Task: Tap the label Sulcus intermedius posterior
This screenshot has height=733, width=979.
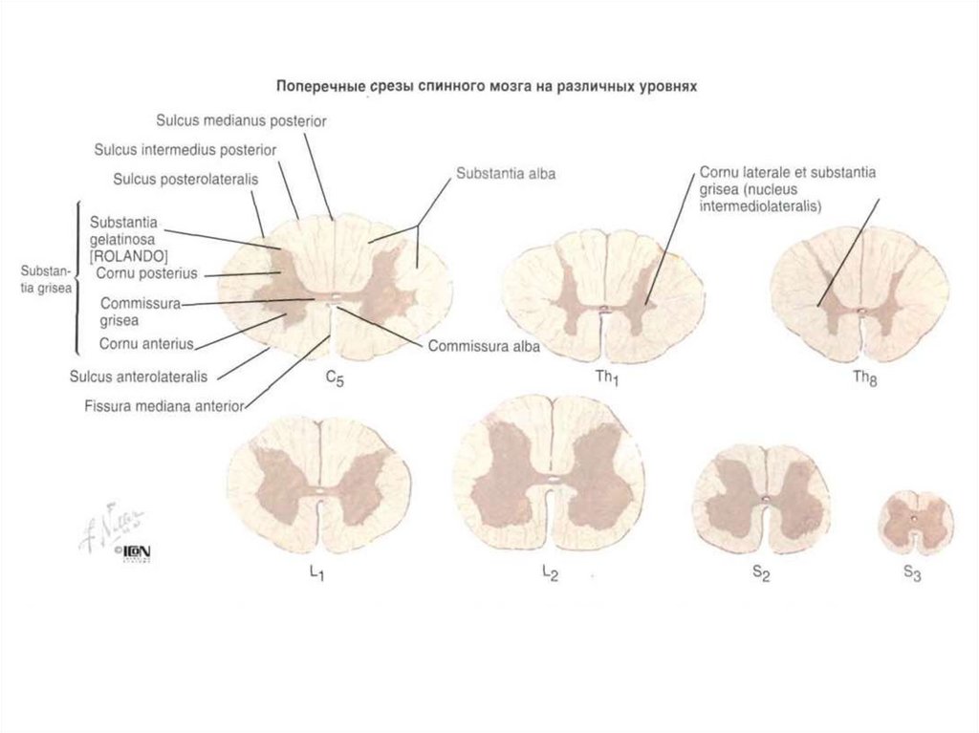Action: coord(185,149)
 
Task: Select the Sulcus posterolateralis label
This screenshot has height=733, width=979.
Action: coord(186,178)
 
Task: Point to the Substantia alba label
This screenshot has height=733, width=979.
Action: coord(505,174)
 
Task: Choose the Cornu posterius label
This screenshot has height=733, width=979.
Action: coord(146,273)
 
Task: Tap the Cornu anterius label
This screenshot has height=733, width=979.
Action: coord(146,343)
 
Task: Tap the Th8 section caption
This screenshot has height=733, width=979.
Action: coord(863,377)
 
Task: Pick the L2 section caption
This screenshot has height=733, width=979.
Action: coord(549,573)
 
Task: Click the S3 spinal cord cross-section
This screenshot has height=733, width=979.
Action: coord(916,522)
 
